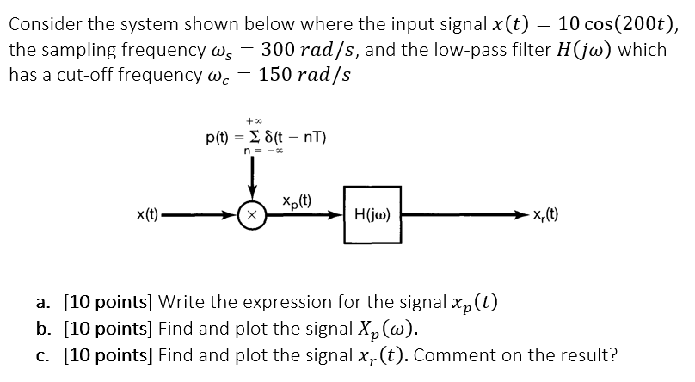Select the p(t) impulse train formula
pyautogui.click(x=265, y=137)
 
